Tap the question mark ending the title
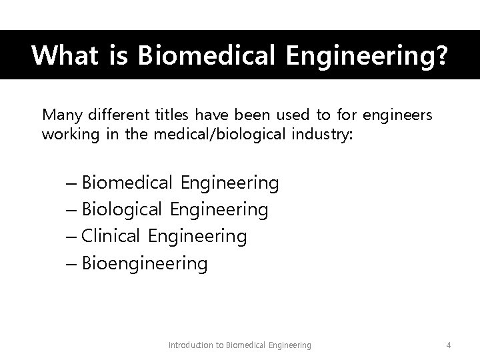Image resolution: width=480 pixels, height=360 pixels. coord(441,55)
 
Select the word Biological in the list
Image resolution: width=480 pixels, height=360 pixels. coord(122,210)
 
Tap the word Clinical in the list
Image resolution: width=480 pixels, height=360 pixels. coord(111,237)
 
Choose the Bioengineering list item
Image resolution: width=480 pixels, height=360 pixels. coord(145,264)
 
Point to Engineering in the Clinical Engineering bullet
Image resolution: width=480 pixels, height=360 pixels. coord(197,237)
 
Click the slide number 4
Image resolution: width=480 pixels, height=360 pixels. coord(449,345)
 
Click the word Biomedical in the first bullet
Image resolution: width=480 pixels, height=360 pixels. coord(127,182)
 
